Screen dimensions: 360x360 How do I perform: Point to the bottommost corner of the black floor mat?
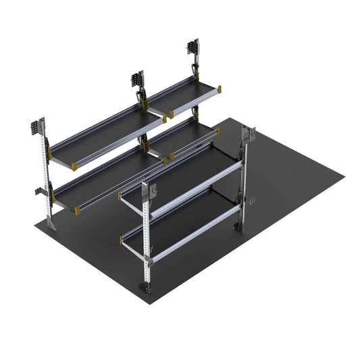[x=150, y=303]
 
